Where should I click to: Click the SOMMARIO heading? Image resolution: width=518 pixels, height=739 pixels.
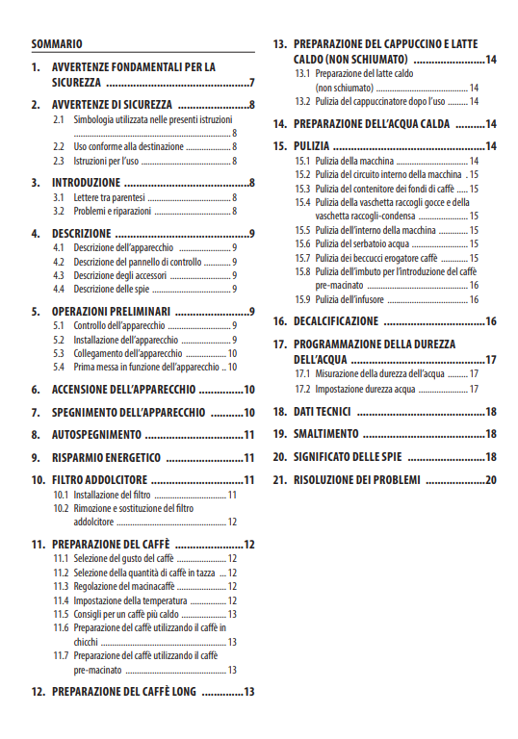[x=57, y=44]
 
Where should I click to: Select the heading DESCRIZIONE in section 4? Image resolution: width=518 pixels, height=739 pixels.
[x=82, y=234]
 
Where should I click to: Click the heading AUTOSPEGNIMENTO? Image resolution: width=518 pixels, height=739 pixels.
[x=95, y=435]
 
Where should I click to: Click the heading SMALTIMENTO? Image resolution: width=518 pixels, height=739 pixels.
[x=326, y=434]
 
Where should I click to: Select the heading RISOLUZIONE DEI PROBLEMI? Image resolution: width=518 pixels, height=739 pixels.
[x=357, y=480]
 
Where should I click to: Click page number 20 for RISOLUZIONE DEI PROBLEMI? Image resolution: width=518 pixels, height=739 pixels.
[x=490, y=480]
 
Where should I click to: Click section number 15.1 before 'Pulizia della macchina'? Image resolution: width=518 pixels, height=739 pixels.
[x=302, y=162]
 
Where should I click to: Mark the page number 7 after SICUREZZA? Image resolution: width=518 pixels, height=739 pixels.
[x=250, y=83]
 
